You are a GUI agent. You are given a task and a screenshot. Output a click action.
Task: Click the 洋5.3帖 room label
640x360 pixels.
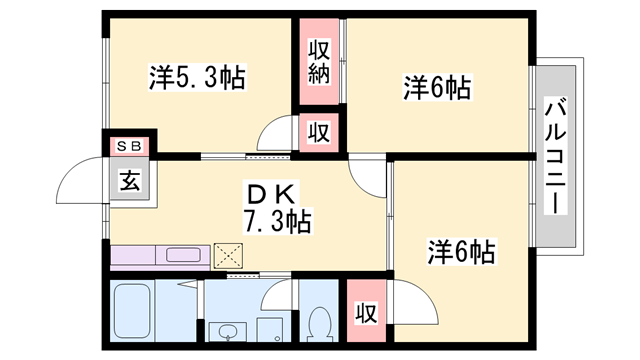197,78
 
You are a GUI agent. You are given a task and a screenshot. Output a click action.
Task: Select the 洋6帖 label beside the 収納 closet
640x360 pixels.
437,87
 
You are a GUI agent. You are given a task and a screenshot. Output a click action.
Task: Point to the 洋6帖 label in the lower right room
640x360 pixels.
461,251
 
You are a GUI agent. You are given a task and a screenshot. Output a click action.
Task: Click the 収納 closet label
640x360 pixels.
319,62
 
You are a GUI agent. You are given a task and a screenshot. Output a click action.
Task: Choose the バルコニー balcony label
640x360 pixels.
556,156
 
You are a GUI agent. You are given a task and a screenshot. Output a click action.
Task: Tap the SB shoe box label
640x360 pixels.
129,146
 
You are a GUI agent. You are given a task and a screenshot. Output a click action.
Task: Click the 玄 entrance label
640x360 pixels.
130,180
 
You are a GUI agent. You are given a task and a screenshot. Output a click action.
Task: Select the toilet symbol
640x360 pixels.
320,324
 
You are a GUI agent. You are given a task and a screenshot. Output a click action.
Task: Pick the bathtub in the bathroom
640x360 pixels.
132,311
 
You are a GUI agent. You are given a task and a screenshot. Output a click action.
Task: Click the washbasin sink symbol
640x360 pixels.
227,331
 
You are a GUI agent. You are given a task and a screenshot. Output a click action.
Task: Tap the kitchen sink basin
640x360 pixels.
183,255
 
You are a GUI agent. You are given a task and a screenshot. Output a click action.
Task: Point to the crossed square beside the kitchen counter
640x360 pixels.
229,256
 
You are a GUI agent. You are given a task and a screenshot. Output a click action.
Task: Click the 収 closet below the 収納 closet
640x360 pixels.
319,133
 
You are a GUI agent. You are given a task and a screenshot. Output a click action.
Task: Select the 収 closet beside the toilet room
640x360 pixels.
366,312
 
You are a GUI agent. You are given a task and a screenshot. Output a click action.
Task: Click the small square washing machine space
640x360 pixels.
270,330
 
